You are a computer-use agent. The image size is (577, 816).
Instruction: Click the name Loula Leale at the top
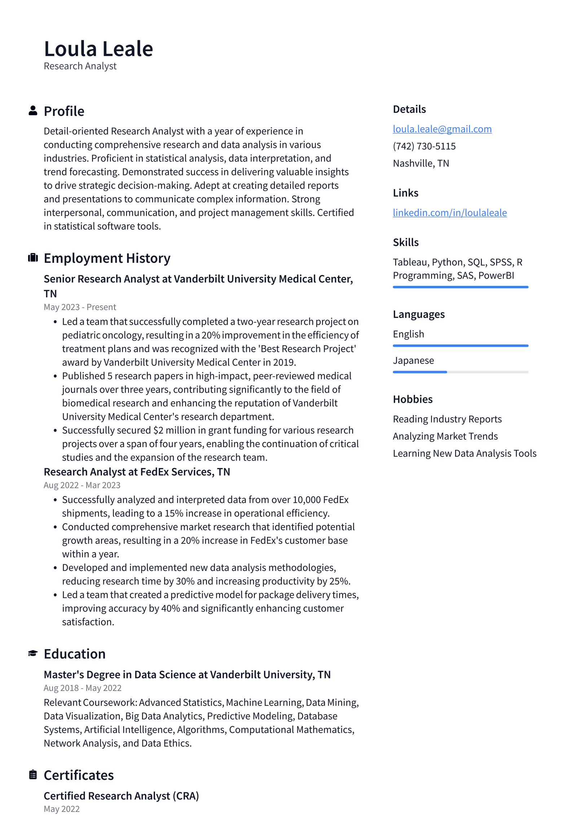(x=98, y=49)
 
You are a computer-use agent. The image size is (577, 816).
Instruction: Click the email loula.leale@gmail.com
(x=442, y=129)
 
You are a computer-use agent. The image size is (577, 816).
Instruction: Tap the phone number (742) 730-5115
(x=424, y=146)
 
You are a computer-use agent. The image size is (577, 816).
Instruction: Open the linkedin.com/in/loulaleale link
(x=449, y=213)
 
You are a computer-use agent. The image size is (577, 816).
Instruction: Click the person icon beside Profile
(x=33, y=110)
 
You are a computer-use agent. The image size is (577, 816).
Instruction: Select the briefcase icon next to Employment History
(x=33, y=257)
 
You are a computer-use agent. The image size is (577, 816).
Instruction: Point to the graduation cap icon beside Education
(x=33, y=653)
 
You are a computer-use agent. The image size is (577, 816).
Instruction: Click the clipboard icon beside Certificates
(x=33, y=774)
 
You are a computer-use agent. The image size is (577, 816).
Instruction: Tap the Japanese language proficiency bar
(x=460, y=372)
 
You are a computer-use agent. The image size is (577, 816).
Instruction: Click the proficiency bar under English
(x=460, y=345)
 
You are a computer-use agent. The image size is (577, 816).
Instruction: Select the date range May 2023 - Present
(x=80, y=307)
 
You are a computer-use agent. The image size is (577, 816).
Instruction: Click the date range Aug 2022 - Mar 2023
(x=82, y=485)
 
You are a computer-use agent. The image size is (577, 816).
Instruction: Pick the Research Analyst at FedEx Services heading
(x=137, y=472)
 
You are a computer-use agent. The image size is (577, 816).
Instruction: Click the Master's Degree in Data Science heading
(x=187, y=675)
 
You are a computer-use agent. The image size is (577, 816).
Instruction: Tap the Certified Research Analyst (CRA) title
(x=121, y=796)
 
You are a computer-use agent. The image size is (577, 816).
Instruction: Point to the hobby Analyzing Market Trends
(x=445, y=436)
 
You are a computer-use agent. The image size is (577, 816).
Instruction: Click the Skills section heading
(x=405, y=242)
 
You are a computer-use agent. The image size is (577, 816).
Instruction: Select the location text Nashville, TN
(x=421, y=163)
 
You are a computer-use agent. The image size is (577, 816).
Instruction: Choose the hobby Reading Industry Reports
(x=447, y=419)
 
